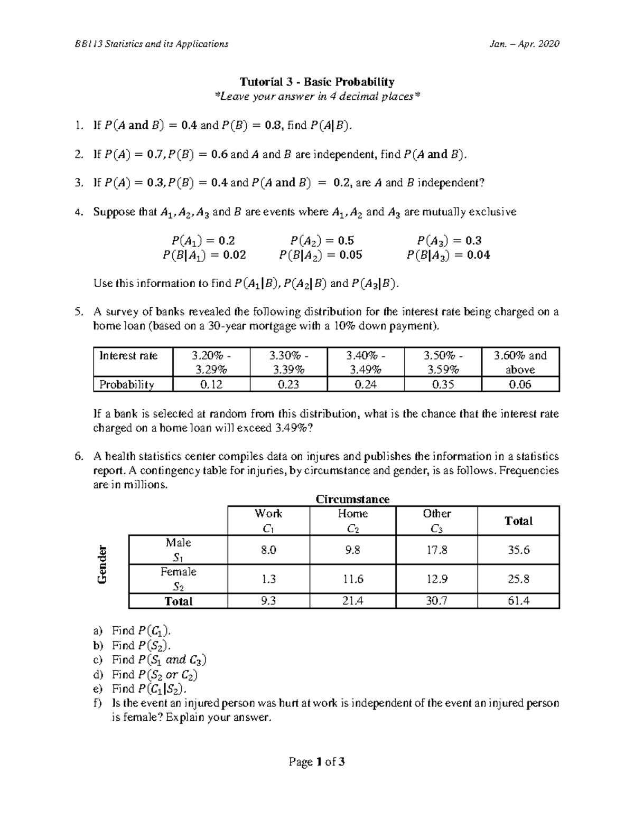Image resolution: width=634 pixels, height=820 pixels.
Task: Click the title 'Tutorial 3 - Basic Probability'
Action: click(x=317, y=82)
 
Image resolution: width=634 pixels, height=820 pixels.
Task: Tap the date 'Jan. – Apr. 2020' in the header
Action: click(x=525, y=44)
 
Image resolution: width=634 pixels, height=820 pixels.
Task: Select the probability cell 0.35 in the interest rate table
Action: click(x=443, y=384)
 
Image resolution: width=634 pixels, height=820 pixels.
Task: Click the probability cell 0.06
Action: click(x=520, y=384)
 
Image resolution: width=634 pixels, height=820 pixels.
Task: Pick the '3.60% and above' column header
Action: click(x=520, y=362)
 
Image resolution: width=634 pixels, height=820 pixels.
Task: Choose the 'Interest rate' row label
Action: click(x=128, y=355)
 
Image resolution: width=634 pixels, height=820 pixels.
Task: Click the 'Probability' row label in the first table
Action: click(x=127, y=384)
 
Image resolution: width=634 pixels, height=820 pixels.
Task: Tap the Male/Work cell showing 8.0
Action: click(x=268, y=550)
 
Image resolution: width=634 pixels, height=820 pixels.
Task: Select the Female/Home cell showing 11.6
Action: click(x=352, y=579)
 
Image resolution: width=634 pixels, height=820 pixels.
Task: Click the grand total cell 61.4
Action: click(x=518, y=601)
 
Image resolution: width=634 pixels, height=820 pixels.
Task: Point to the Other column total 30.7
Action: click(x=436, y=601)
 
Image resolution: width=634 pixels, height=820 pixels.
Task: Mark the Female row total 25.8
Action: click(x=518, y=579)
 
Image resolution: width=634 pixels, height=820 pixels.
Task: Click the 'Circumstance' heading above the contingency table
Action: click(x=352, y=499)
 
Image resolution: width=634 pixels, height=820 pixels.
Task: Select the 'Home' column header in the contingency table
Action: click(x=352, y=514)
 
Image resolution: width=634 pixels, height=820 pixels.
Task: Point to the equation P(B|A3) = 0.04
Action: click(x=448, y=256)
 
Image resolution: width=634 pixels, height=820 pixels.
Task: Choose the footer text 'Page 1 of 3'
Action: click(x=317, y=762)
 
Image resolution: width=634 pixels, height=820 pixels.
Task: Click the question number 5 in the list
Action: click(x=78, y=312)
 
